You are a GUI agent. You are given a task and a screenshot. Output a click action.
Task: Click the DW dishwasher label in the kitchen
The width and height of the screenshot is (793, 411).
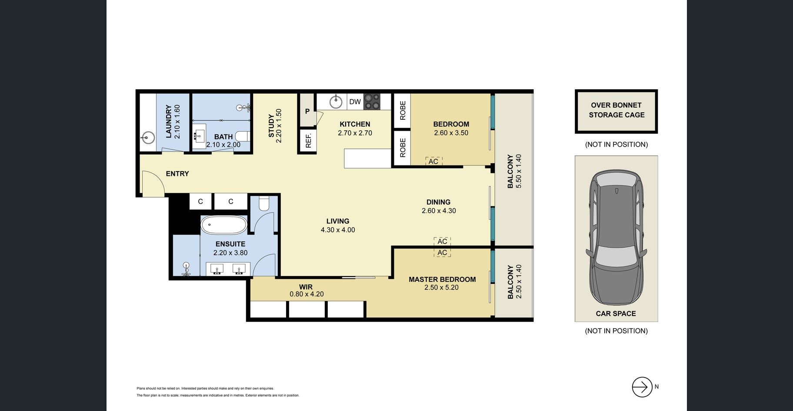(355, 102)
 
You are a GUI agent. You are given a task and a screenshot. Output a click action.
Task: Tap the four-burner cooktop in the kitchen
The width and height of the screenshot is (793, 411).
(372, 102)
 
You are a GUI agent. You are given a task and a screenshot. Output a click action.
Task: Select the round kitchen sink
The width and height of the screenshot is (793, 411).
(336, 102)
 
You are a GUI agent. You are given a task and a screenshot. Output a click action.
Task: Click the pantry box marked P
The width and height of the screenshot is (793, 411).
(307, 111)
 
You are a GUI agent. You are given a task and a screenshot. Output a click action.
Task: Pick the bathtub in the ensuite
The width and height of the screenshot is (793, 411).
(224, 225)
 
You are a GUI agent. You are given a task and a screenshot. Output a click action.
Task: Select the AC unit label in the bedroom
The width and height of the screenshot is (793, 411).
(433, 162)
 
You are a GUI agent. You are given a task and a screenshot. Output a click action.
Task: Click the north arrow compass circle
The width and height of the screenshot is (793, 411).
(642, 387)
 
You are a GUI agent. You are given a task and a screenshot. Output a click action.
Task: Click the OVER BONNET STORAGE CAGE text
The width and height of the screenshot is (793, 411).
(616, 110)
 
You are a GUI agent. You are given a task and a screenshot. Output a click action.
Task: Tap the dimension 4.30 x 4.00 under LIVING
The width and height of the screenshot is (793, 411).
(338, 230)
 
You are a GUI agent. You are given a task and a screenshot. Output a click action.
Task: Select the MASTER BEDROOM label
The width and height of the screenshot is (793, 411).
(442, 280)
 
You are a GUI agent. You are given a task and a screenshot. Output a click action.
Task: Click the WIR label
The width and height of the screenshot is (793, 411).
(306, 287)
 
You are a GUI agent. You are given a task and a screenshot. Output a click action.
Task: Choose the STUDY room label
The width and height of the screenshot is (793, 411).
(271, 126)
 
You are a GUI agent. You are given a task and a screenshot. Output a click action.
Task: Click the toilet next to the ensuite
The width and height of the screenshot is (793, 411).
(264, 203)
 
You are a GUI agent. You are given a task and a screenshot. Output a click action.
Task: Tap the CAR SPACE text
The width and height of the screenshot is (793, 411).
(616, 313)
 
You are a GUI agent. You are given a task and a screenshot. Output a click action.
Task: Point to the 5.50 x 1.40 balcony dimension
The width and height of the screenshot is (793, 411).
(518, 171)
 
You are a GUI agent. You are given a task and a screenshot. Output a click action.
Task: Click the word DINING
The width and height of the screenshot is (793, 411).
(438, 202)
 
